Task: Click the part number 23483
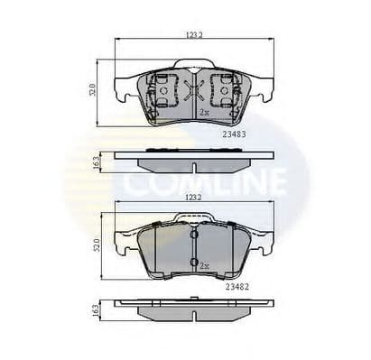(x=234, y=133)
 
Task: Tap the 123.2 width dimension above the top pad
(x=193, y=34)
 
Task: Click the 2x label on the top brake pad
(x=204, y=113)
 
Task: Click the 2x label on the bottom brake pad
(x=204, y=268)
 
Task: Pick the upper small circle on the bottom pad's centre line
(x=194, y=235)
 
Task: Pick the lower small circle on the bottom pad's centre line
(x=194, y=262)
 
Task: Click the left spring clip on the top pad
(x=161, y=91)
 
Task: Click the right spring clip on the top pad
(x=222, y=91)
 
